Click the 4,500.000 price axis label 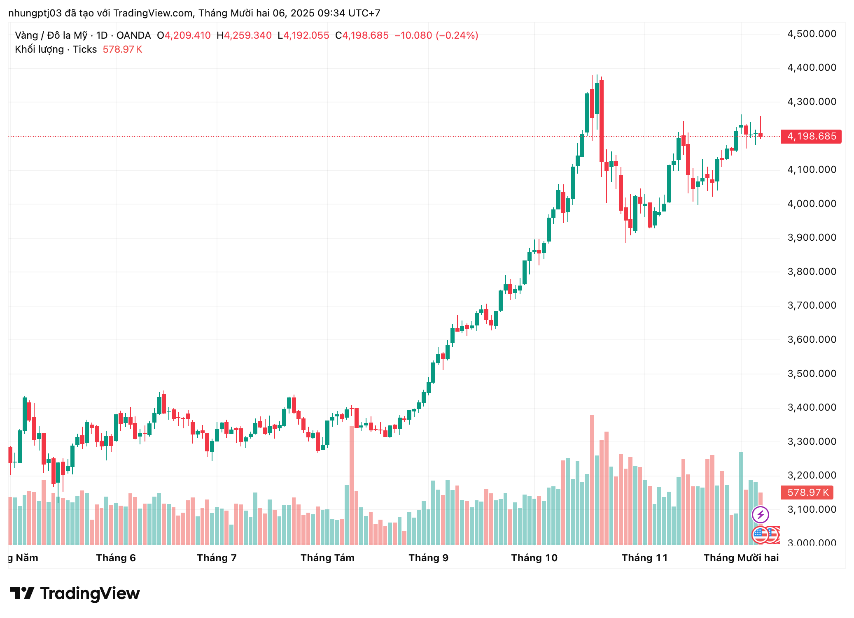pyautogui.click(x=811, y=34)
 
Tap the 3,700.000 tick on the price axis pyautogui.click(x=811, y=305)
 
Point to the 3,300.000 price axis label pyautogui.click(x=811, y=441)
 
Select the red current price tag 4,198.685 pyautogui.click(x=811, y=136)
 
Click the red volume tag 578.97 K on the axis pyautogui.click(x=807, y=493)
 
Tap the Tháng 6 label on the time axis pyautogui.click(x=116, y=558)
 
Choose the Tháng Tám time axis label pyautogui.click(x=327, y=558)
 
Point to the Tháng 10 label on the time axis pyautogui.click(x=534, y=558)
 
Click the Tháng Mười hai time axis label pyautogui.click(x=741, y=558)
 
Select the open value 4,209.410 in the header pyautogui.click(x=187, y=35)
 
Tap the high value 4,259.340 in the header pyautogui.click(x=247, y=35)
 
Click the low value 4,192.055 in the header pyautogui.click(x=306, y=35)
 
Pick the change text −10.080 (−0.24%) pyautogui.click(x=436, y=35)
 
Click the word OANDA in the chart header pyautogui.click(x=133, y=35)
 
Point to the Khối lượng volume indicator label pyautogui.click(x=39, y=49)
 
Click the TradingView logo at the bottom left pyautogui.click(x=75, y=593)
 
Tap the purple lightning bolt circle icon pyautogui.click(x=760, y=514)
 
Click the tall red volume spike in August pyautogui.click(x=352, y=486)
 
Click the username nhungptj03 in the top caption pyautogui.click(x=35, y=13)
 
